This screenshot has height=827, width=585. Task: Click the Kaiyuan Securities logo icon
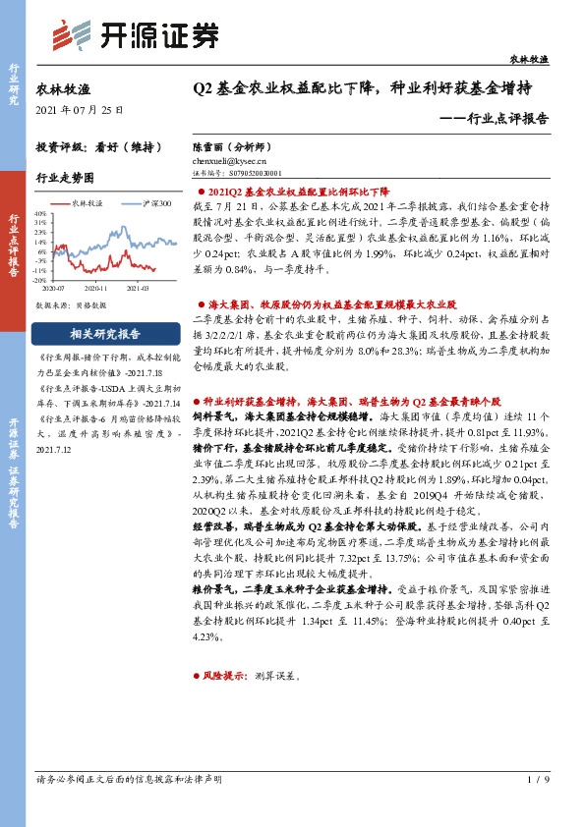click(66, 37)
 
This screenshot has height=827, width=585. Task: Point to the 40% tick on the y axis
click(41, 212)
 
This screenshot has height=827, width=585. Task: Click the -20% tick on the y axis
click(41, 279)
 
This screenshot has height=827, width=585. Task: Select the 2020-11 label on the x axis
click(96, 289)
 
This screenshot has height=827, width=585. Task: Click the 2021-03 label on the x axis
click(138, 289)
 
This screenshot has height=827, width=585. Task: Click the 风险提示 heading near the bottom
click(226, 677)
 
